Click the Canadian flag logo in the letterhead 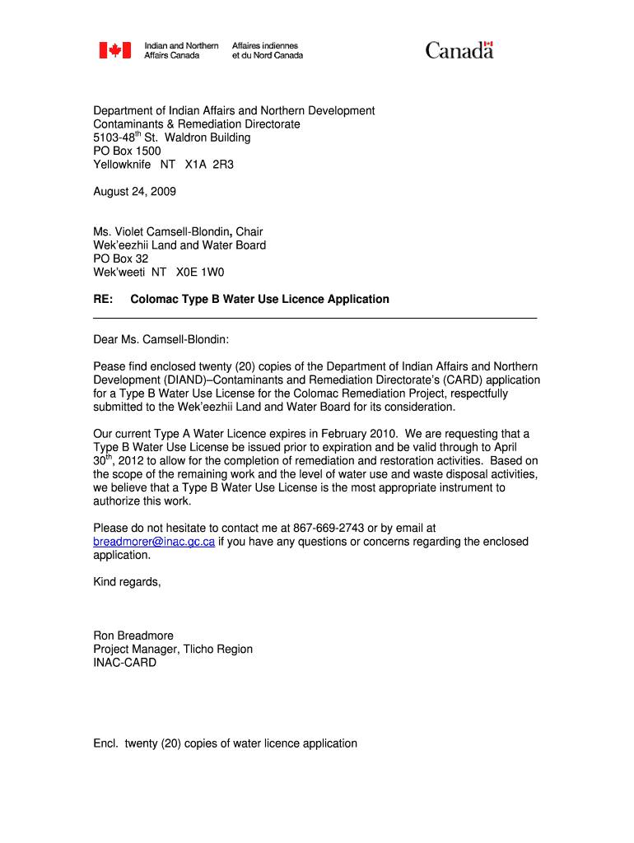coord(115,51)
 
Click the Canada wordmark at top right coord(459,51)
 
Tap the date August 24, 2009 coord(134,192)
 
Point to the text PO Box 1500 coord(127,151)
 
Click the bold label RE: coord(103,299)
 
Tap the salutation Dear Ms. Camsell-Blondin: coord(161,339)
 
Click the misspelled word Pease coord(110,366)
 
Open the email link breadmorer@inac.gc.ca coord(154,542)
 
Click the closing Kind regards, coord(127,582)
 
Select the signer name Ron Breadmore coord(133,636)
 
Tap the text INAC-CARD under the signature coord(124,663)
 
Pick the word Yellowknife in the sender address coord(122,165)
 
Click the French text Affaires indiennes coord(265,45)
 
